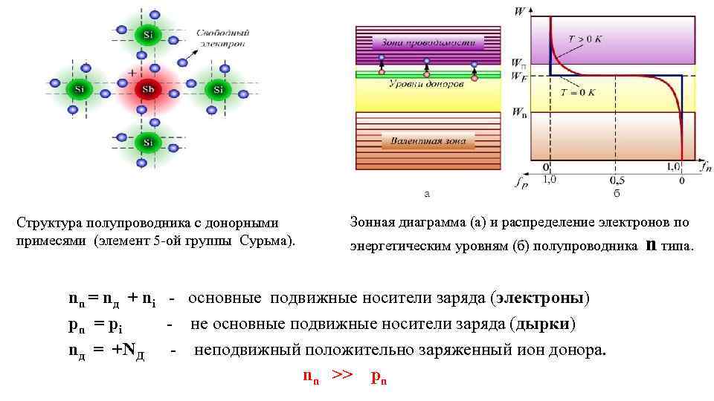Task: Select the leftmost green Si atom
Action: pyautogui.click(x=77, y=90)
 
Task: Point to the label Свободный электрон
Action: pyautogui.click(x=222, y=39)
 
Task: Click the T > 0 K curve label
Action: pyautogui.click(x=584, y=39)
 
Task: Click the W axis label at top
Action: pyautogui.click(x=519, y=10)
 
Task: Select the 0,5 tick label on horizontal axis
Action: pyautogui.click(x=615, y=180)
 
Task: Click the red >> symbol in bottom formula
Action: pyautogui.click(x=341, y=376)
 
